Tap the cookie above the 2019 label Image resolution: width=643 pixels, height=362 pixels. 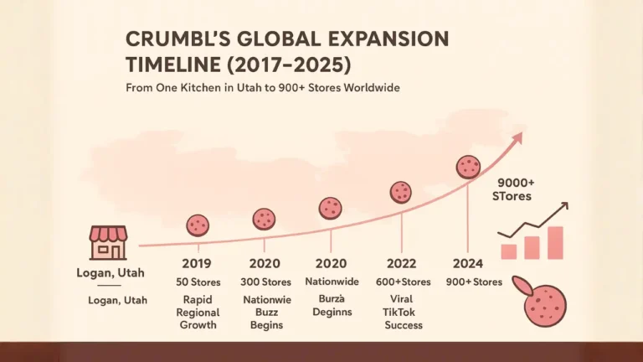coord(198,225)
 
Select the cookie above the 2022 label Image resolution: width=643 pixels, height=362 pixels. coord(401,193)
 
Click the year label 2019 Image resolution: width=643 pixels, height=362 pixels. coord(195,264)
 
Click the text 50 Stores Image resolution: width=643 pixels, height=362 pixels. coord(198,282)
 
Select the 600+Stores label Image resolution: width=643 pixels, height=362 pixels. coord(404,282)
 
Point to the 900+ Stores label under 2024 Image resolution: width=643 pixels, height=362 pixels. coord(474,282)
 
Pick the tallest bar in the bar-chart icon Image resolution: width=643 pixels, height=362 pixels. coord(555,242)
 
